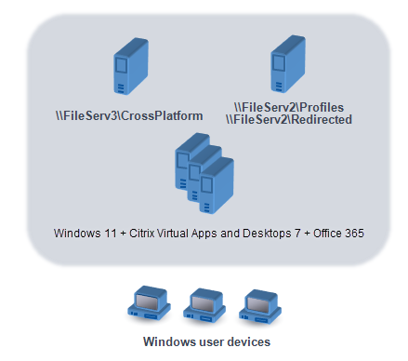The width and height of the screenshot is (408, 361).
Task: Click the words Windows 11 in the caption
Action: (x=78, y=229)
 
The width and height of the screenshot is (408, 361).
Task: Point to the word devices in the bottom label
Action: (x=247, y=341)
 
